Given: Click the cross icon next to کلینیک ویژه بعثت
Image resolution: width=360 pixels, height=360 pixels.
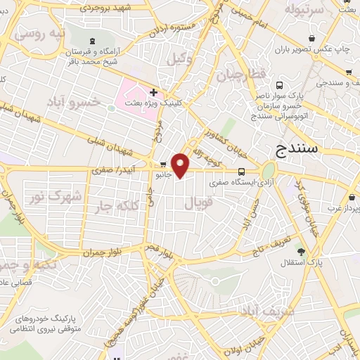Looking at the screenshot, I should pyautogui.click(x=153, y=92).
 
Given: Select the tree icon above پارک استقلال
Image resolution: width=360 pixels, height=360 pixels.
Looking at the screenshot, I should pyautogui.click(x=302, y=251).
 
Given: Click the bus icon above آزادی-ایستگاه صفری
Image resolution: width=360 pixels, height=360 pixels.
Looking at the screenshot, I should pyautogui.click(x=242, y=172).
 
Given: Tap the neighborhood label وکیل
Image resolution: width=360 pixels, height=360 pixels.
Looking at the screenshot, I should pyautogui.click(x=180, y=59).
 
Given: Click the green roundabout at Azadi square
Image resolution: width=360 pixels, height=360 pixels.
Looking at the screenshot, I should pyautogui.click(x=268, y=171).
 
